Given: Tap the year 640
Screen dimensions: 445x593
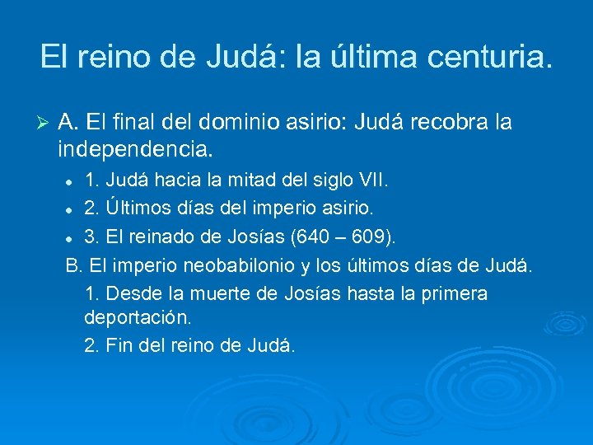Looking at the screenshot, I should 300,239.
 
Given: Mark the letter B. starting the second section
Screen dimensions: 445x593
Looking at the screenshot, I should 73,266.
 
